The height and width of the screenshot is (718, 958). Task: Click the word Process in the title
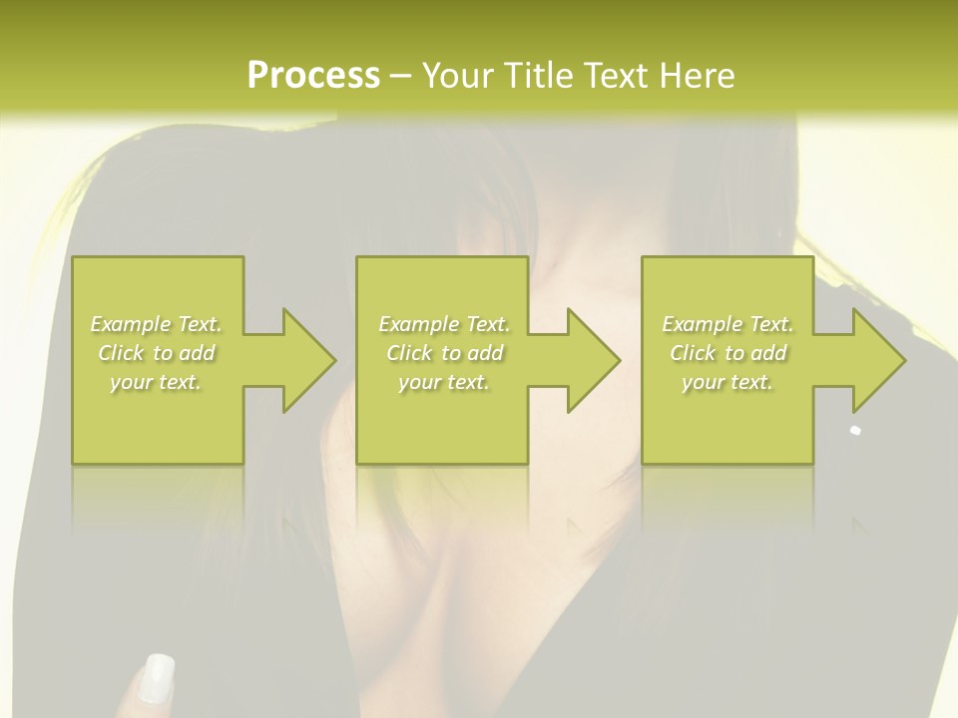click(x=313, y=76)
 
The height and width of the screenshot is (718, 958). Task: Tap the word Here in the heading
click(x=698, y=76)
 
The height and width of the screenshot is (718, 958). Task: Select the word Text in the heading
click(x=618, y=76)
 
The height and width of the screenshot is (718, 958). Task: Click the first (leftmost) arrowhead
click(x=305, y=360)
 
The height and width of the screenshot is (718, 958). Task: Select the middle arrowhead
click(x=590, y=360)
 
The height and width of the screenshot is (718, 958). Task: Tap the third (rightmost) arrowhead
click(x=875, y=360)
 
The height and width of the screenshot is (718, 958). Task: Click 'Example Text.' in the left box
click(x=156, y=324)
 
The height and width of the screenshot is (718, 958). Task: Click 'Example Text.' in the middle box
click(x=444, y=324)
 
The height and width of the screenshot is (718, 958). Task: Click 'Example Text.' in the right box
click(x=727, y=324)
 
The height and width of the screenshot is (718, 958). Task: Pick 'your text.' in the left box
click(x=156, y=382)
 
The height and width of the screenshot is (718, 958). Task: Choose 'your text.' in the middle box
click(x=444, y=382)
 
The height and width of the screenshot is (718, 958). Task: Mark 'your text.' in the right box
click(x=727, y=382)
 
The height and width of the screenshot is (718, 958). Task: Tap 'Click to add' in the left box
click(x=156, y=353)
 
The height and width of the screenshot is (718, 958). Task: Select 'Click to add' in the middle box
click(x=444, y=353)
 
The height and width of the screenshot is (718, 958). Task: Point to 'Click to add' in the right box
click(x=727, y=353)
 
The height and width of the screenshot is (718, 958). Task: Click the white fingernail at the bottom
click(x=158, y=677)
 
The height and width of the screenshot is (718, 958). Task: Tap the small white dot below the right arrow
click(x=855, y=431)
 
